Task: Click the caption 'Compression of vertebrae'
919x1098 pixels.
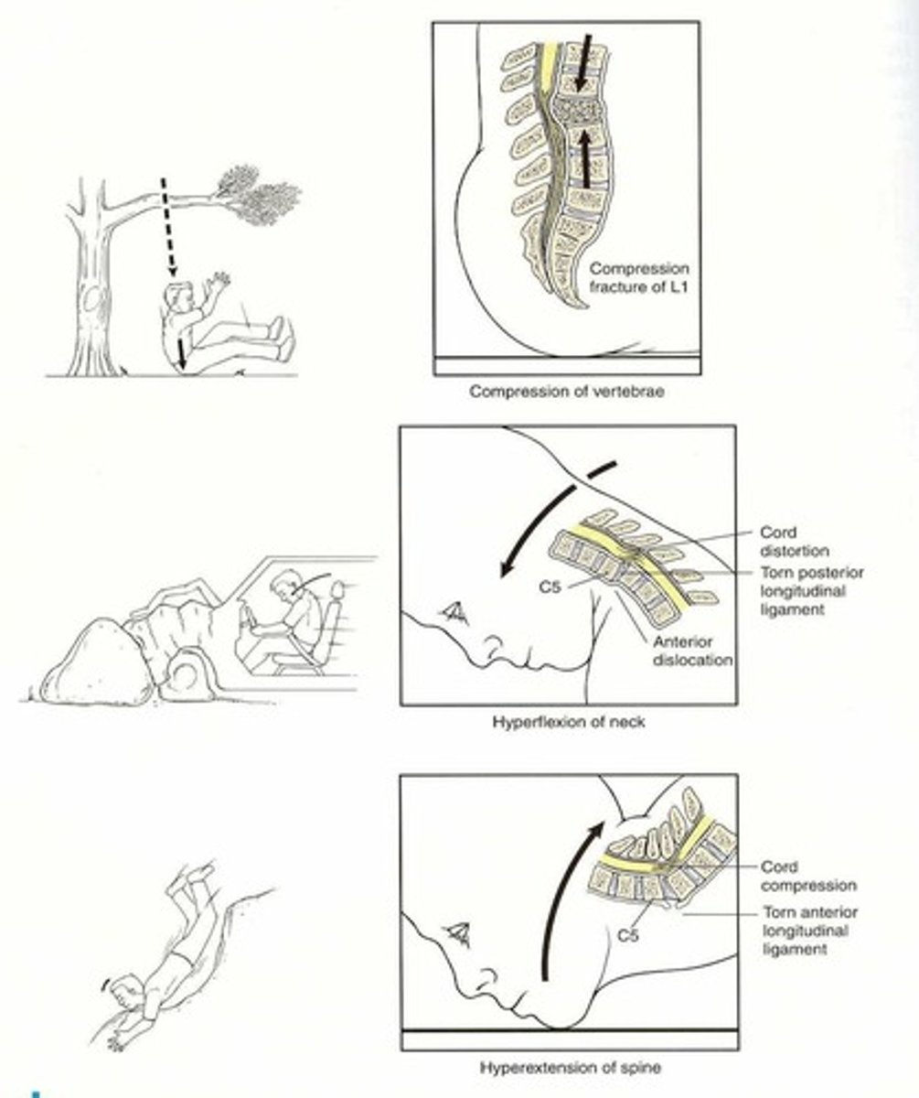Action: point(566,392)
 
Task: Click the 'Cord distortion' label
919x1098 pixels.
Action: point(794,542)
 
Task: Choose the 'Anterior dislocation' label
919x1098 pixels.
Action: point(692,651)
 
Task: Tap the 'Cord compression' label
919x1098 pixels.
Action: point(808,876)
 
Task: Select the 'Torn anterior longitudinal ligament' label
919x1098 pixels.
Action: point(810,931)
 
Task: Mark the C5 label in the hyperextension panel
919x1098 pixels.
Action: point(626,936)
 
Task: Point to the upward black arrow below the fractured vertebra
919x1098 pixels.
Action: point(582,156)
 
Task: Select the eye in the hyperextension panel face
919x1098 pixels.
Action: point(458,934)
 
